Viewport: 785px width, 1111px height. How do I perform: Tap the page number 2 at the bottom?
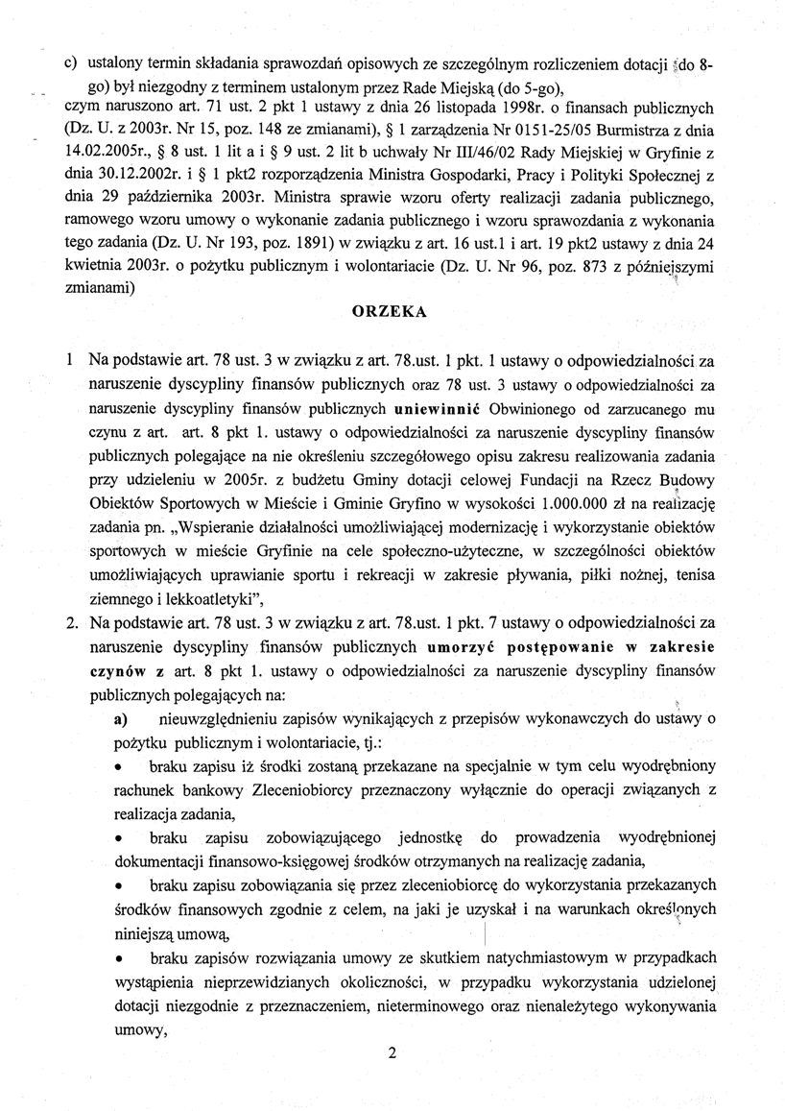point(392,1052)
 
